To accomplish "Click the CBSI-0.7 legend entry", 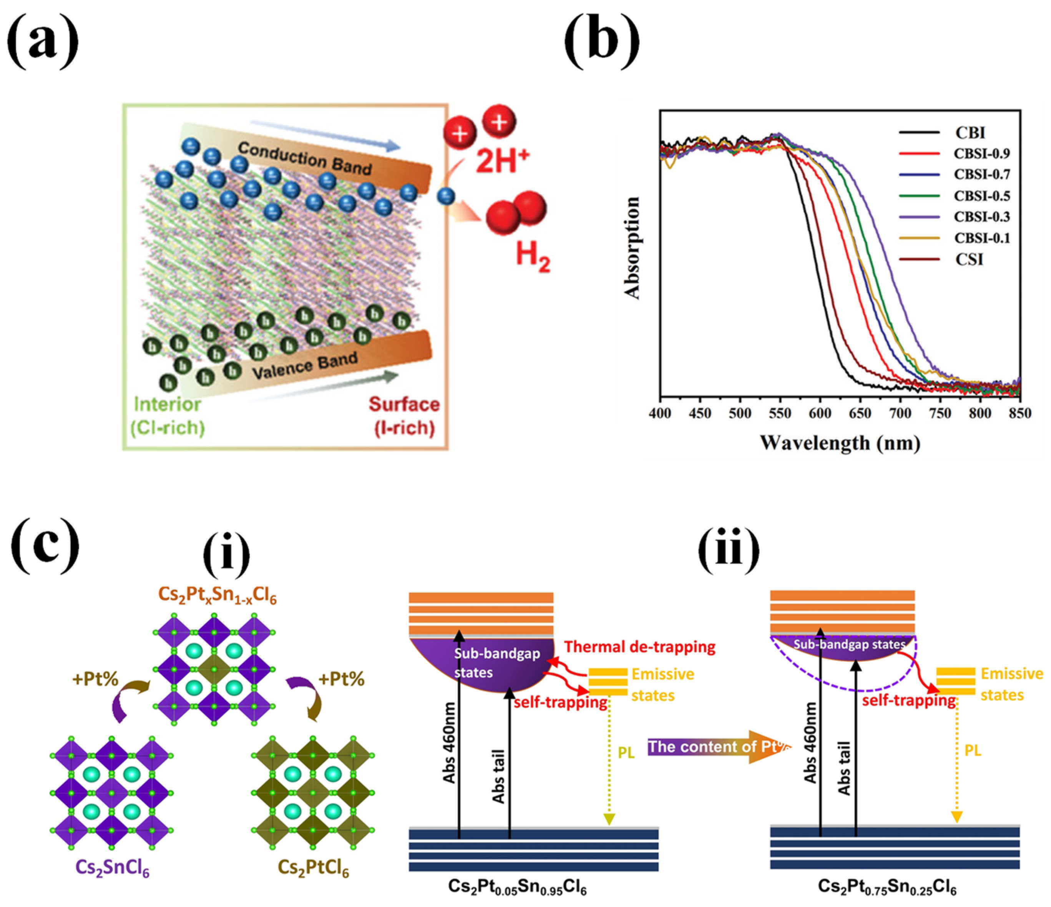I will [981, 174].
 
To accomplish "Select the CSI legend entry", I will [969, 260].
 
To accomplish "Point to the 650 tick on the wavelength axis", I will [860, 414].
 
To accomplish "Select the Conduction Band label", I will [304, 158].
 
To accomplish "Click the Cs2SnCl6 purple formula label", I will [113, 867].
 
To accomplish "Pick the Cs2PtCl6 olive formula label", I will [314, 867].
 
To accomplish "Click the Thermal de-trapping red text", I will [639, 647].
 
